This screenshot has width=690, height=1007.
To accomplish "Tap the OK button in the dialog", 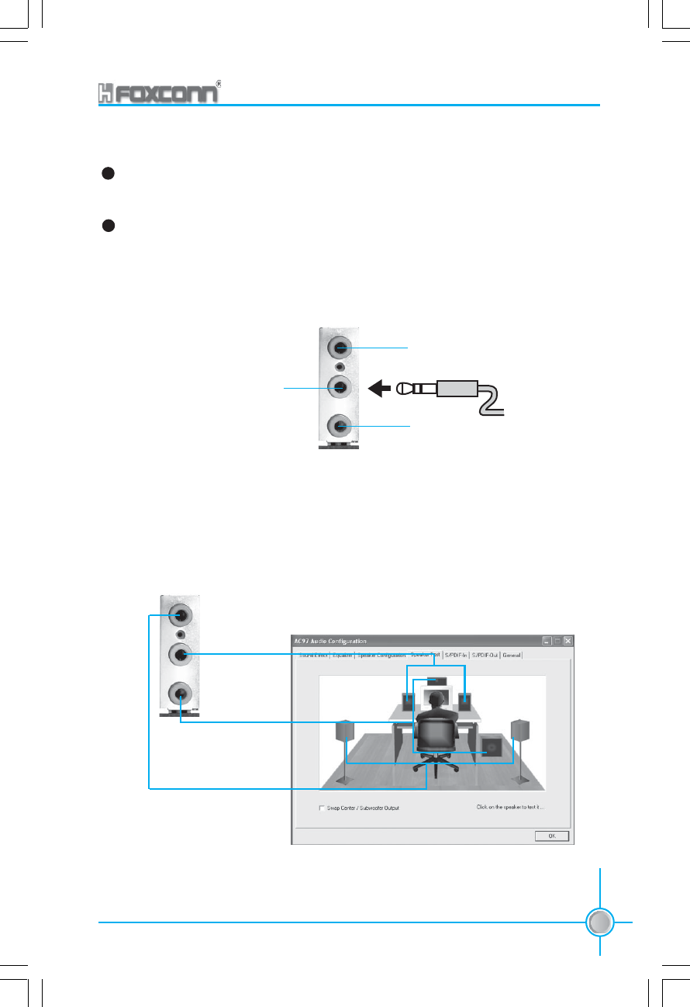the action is tap(553, 836).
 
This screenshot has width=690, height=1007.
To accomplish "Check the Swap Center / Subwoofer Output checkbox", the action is tap(322, 808).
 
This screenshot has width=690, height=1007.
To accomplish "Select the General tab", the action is tap(512, 655).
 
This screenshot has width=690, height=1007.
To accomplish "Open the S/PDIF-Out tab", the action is tap(485, 655).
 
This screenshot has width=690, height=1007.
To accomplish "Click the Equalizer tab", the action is tap(343, 655).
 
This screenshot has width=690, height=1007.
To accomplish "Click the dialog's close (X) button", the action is tap(568, 641).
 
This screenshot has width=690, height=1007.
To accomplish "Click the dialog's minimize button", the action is tap(547, 641).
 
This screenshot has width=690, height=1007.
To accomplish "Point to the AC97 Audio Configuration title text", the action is tap(330, 641).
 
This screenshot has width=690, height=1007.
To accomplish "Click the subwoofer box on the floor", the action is tap(488, 746).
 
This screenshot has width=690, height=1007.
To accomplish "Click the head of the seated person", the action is tap(436, 700).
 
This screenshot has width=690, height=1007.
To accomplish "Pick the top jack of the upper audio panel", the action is tap(341, 347).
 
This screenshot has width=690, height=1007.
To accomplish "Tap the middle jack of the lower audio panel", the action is tap(181, 655).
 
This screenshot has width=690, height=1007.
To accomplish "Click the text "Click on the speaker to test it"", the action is tap(509, 807).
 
